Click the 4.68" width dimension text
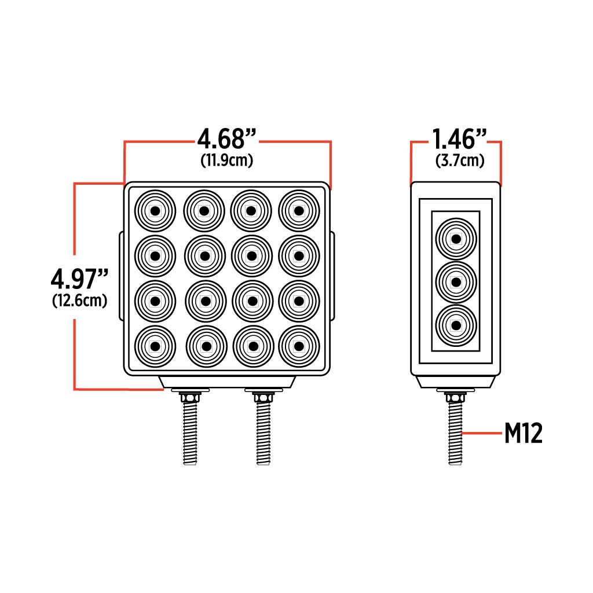(226, 140)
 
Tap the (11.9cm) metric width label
(226, 160)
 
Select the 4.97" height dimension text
(80, 279)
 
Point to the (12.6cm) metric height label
(80, 301)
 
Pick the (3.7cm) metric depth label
(460, 160)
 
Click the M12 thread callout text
(523, 433)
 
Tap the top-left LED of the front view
(155, 210)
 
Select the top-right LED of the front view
(299, 210)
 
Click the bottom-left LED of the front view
(155, 346)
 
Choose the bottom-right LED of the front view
(299, 346)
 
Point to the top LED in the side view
(456, 238)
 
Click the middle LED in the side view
(456, 282)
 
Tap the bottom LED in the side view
(456, 325)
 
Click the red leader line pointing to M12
(482, 433)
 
